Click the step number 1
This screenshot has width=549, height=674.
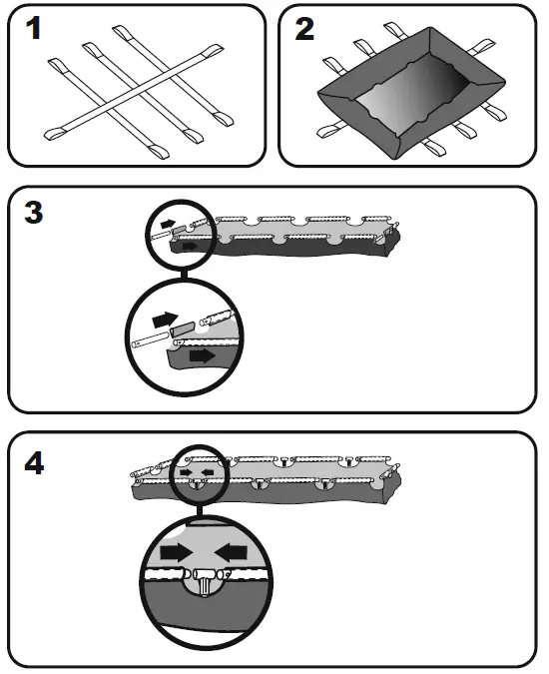pyautogui.click(x=34, y=31)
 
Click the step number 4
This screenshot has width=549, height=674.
pyautogui.click(x=36, y=463)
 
